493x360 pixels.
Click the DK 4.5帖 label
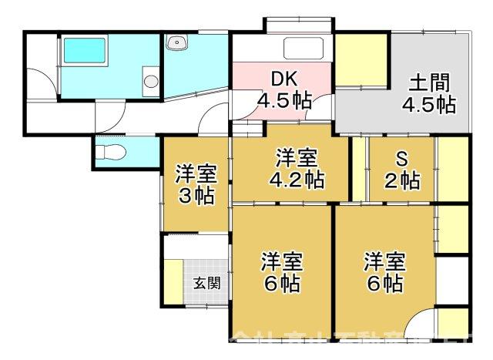coord(283,90)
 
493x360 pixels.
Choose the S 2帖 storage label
coord(401,171)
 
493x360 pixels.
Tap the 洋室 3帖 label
coord(195,184)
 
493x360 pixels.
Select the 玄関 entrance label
coord(206,282)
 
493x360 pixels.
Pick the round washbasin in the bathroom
coord(151,79)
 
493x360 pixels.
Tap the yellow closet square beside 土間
coord(360,60)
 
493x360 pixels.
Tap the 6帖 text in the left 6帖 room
coord(280,283)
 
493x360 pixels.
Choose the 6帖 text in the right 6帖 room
coord(383,283)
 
